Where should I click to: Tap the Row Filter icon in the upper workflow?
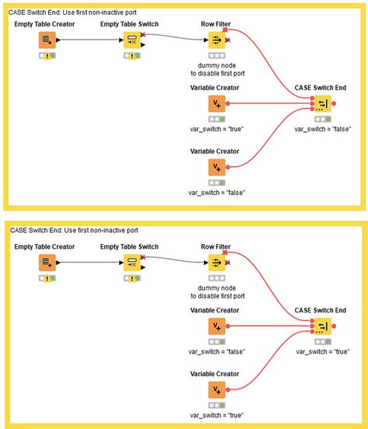tap(216, 40)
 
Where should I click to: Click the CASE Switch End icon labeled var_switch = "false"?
tap(321, 104)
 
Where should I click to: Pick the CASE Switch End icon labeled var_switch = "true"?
tap(321, 325)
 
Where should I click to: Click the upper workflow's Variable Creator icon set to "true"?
tap(216, 104)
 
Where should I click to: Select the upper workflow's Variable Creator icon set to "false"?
tap(216, 167)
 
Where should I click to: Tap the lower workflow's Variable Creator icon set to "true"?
tap(216, 389)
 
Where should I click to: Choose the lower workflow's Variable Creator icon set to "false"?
tap(216, 325)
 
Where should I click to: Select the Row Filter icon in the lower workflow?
tap(216, 262)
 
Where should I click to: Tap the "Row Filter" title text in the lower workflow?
tap(215, 246)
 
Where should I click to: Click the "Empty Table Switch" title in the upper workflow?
tap(129, 25)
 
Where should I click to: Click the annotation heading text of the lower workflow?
tap(73, 230)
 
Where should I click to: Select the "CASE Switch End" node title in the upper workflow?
tap(321, 88)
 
